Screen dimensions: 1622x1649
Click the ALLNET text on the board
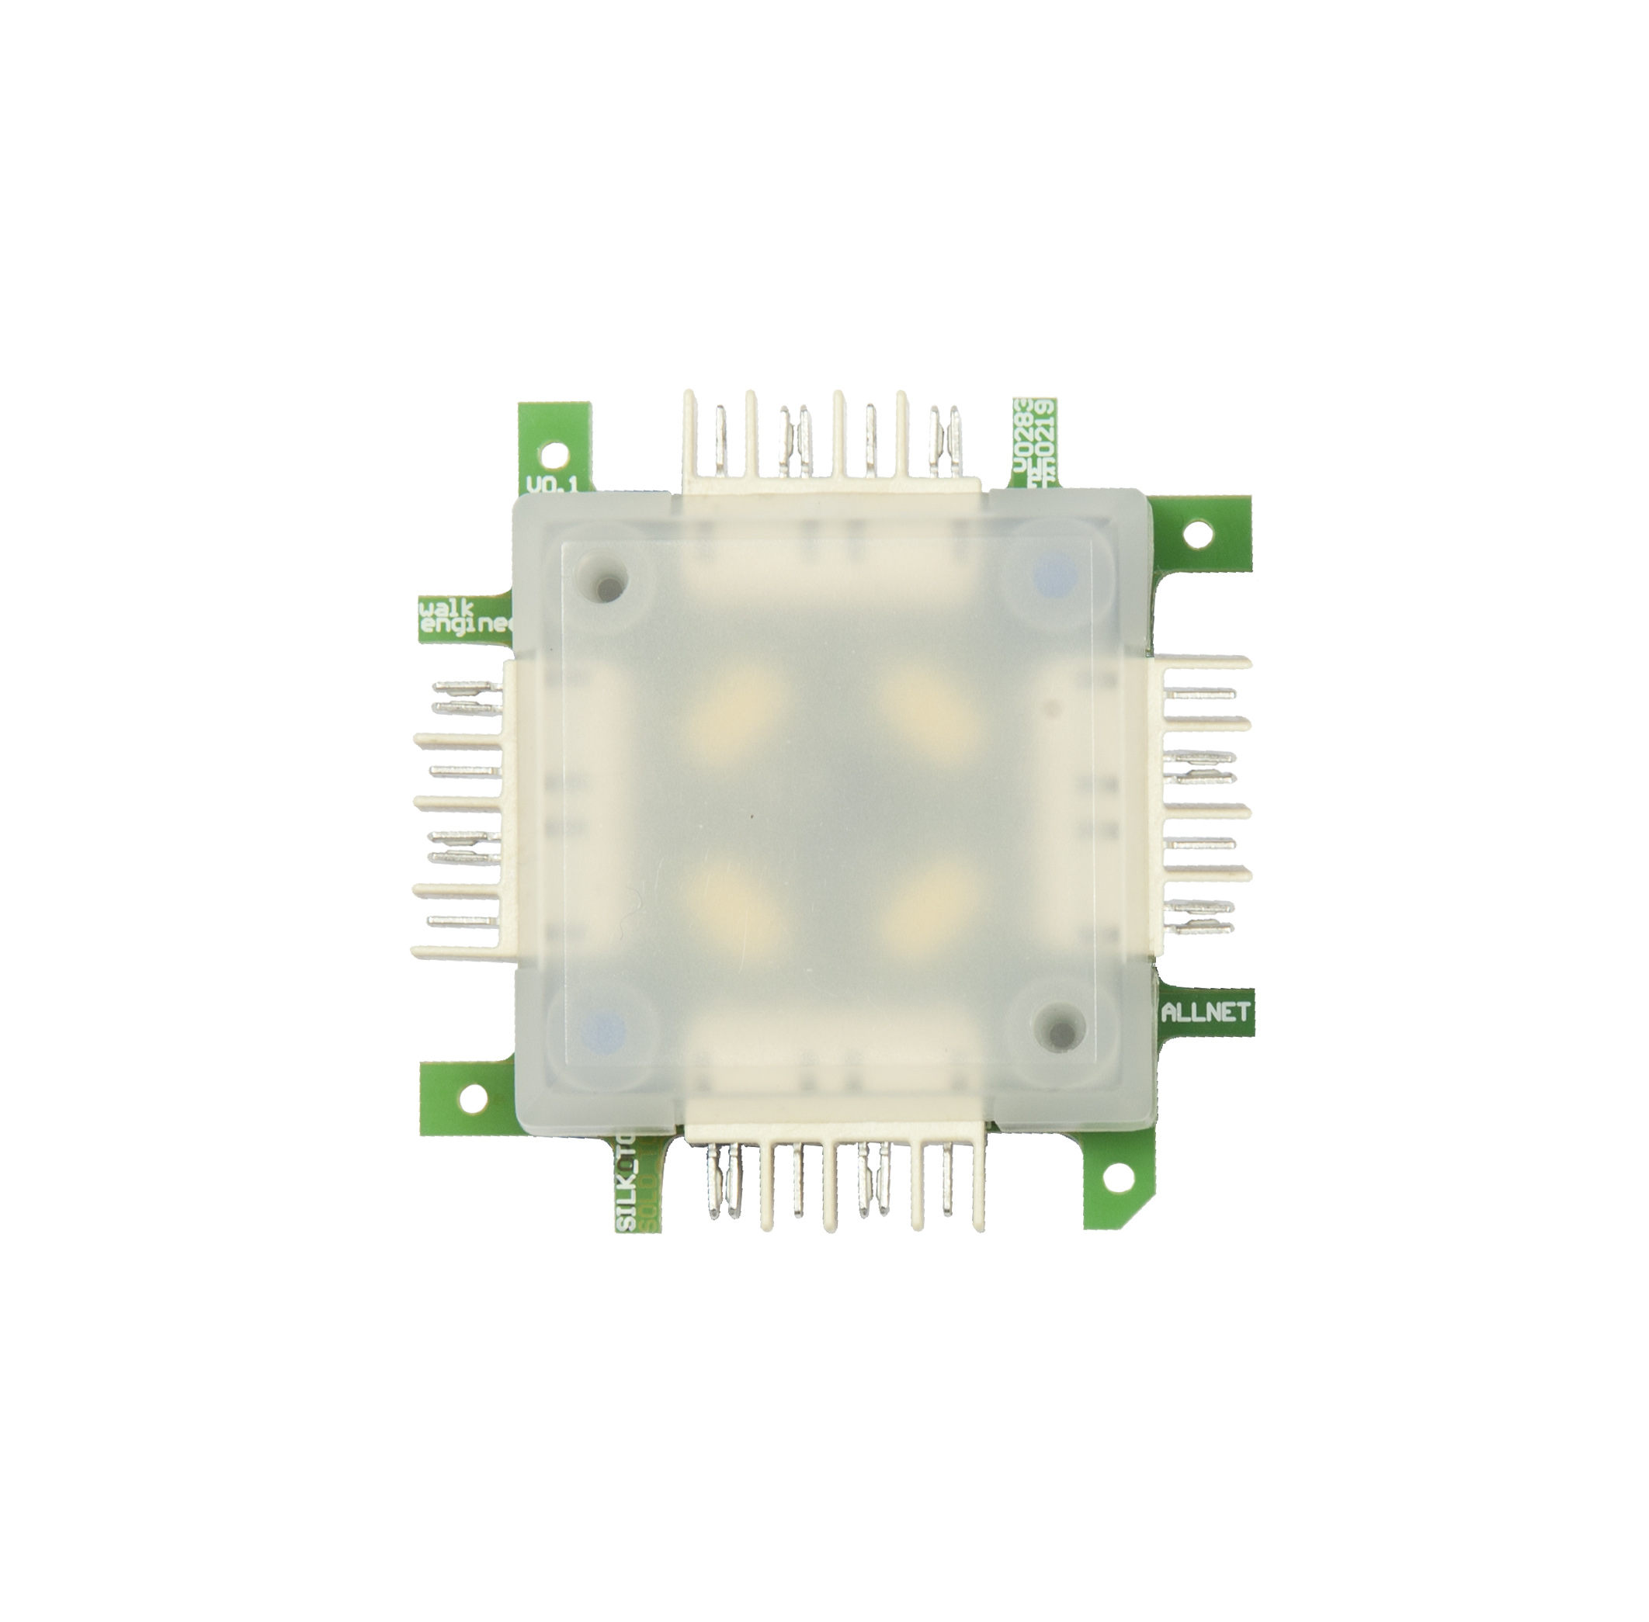(1205, 1012)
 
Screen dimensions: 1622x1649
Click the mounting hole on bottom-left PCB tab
(472, 1093)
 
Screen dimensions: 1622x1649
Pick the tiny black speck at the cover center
(751, 816)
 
